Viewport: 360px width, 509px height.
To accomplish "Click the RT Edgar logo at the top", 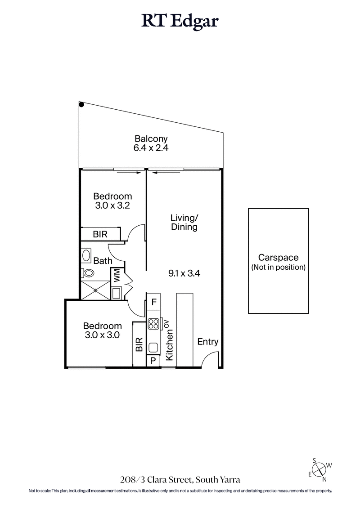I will coord(180,21).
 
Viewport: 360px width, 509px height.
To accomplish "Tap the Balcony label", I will coord(151,139).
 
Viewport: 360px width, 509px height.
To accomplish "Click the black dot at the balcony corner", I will coord(81,105).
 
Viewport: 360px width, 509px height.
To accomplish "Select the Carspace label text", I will coord(278,258).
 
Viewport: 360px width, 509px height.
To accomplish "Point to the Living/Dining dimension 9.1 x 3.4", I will coord(184,272).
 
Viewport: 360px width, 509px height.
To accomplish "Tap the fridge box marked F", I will coord(153,302).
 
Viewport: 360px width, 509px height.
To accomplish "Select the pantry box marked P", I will coord(153,361).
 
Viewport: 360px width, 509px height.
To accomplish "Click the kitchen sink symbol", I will coord(153,347).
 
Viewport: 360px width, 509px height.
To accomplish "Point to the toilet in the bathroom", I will coord(88,272).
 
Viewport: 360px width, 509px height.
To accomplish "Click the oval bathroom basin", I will coord(86,255).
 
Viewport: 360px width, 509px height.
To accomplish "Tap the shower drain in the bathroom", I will coord(95,290).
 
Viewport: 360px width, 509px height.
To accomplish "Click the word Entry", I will coord(208,342).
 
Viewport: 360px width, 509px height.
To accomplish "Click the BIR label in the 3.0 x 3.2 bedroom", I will coord(100,234).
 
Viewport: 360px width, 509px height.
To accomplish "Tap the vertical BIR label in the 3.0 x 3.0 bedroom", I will coord(139,344).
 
